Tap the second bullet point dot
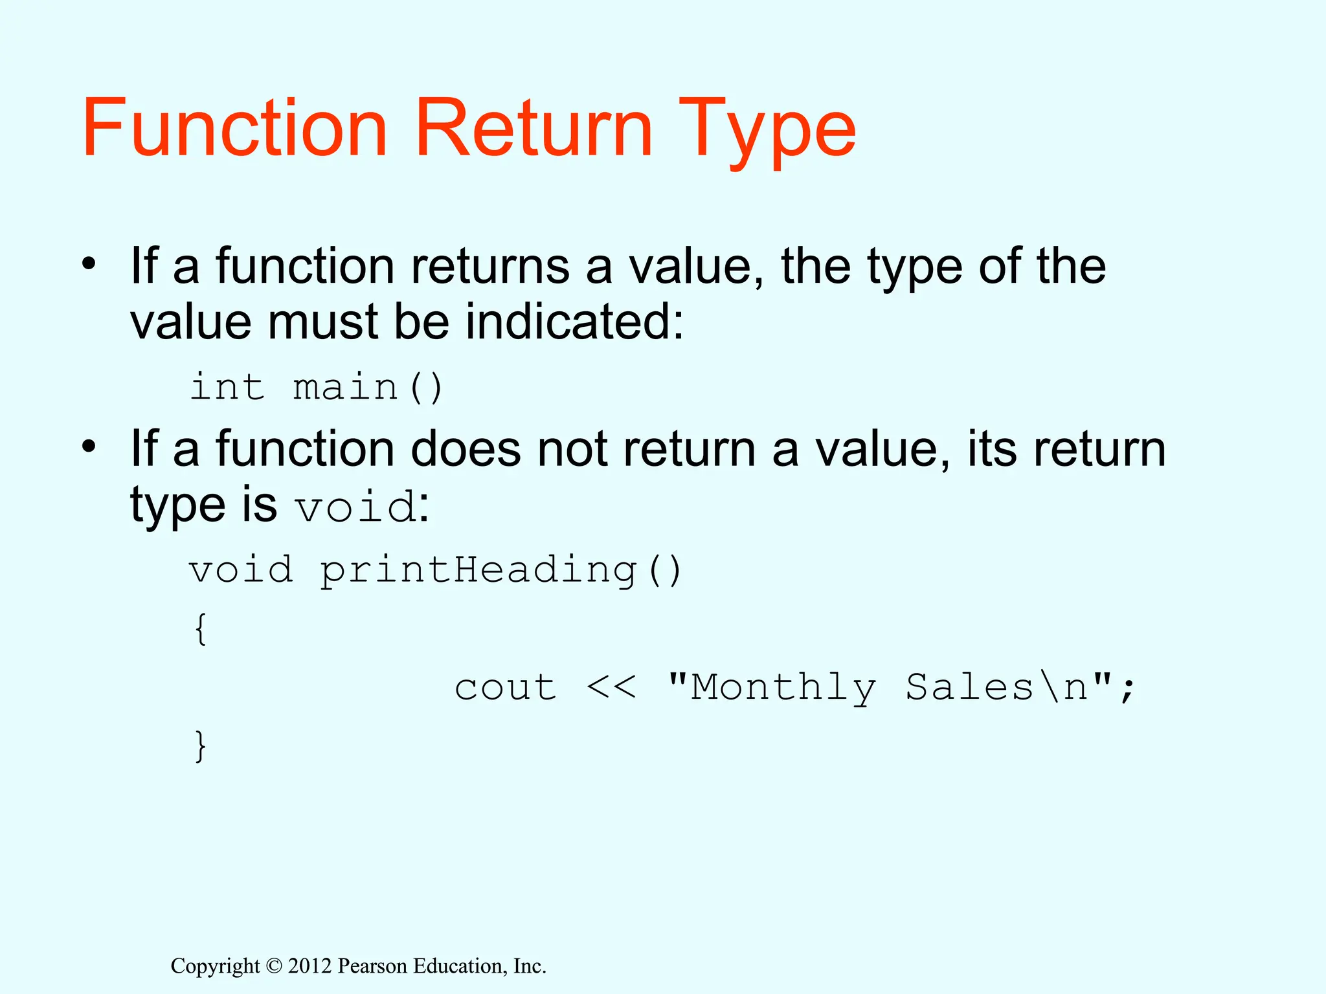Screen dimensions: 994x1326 point(89,446)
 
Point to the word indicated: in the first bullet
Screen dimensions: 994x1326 point(574,322)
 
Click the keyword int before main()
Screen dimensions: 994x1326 point(227,387)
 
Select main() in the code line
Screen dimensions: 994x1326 point(368,387)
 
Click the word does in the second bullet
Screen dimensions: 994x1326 point(466,449)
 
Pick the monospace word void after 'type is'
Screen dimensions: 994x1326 point(355,507)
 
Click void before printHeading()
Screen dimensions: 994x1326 point(240,570)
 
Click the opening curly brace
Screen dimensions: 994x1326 point(201,628)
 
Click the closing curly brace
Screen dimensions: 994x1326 point(201,745)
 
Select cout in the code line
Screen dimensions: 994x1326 point(505,687)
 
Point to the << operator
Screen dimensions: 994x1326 point(611,687)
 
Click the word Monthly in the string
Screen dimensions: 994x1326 point(783,687)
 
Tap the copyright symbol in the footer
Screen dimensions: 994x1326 point(274,966)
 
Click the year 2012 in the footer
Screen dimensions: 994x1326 point(309,966)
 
